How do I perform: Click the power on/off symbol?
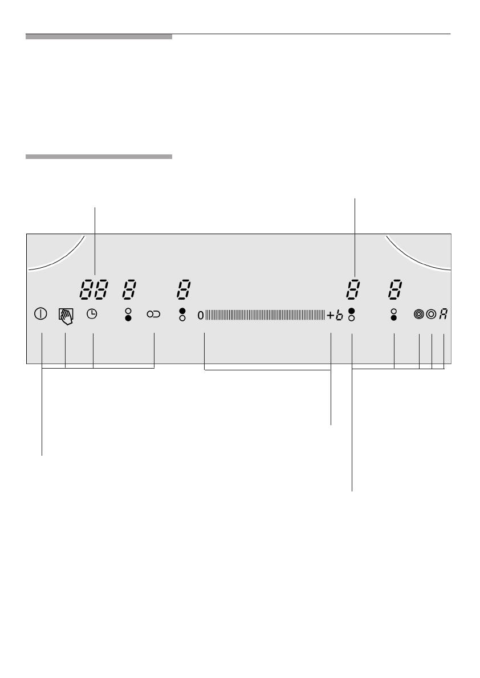[40, 314]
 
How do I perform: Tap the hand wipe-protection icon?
[66, 316]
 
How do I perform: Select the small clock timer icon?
[92, 314]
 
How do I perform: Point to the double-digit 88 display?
[93, 289]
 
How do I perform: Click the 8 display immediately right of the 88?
[129, 289]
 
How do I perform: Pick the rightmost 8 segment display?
[395, 289]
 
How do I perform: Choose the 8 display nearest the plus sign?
[353, 289]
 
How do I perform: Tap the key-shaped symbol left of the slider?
[154, 315]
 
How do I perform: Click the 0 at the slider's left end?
[201, 315]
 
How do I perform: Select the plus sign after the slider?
[330, 315]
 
